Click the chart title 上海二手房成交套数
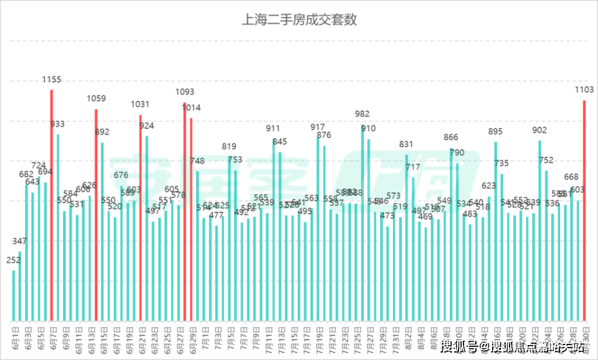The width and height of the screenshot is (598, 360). click(299, 19)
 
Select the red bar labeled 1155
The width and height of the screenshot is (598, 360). click(52, 206)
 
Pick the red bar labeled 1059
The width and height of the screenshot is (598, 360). click(96, 215)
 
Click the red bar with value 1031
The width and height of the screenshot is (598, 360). click(140, 218)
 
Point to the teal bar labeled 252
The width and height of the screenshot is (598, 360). click(14, 296)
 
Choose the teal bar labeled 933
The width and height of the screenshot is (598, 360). click(58, 227)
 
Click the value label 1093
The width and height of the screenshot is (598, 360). click(185, 92)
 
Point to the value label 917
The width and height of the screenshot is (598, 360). click(318, 127)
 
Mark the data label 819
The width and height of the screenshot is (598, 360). click(229, 146)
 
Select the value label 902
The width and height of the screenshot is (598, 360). click(540, 130)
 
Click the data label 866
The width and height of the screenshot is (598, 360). click(451, 137)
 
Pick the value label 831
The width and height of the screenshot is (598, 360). click(406, 144)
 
